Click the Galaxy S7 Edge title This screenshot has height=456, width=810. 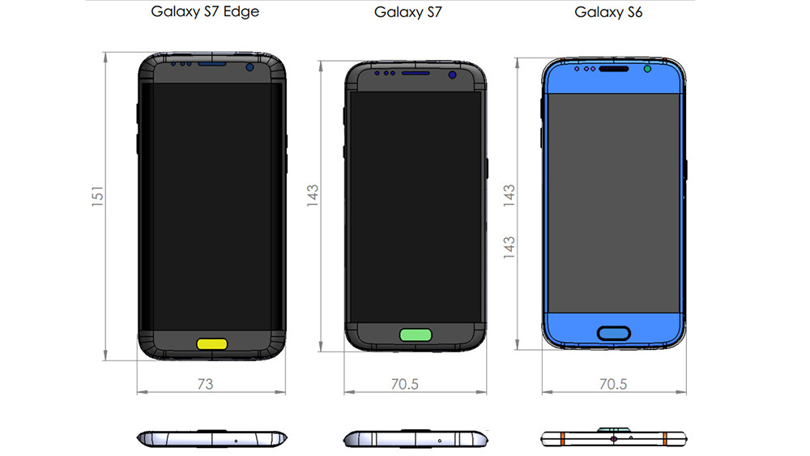(205, 12)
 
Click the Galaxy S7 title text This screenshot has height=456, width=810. (409, 12)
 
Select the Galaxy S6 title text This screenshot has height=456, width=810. (608, 12)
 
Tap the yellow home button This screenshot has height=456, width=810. (211, 343)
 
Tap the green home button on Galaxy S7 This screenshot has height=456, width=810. (416, 334)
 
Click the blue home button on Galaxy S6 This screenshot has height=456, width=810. (613, 332)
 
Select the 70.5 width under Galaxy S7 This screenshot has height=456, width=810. (403, 384)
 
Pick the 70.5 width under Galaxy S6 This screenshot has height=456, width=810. (612, 384)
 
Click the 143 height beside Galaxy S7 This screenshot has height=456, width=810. (313, 198)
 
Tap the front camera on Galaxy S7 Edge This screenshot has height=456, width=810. (250, 68)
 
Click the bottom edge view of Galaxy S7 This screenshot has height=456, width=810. (416, 439)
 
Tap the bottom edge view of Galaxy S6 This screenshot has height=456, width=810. (613, 439)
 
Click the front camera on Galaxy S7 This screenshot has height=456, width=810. (452, 75)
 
